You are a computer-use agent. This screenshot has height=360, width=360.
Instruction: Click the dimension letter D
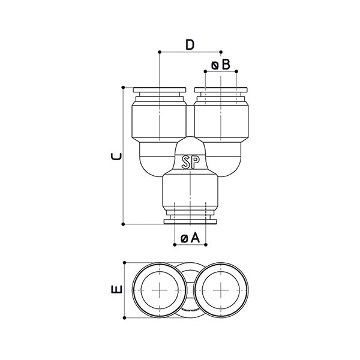pyautogui.click(x=190, y=44)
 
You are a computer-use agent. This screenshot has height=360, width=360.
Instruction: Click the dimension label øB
pyautogui.click(x=220, y=65)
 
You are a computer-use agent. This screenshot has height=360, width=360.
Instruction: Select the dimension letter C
pyautogui.click(x=117, y=156)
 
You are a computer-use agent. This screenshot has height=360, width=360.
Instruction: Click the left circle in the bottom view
pyautogui.click(x=160, y=290)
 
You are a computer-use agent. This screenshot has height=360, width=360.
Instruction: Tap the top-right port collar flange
pyautogui.click(x=220, y=91)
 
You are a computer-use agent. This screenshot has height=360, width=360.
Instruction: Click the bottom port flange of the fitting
pyautogui.click(x=190, y=223)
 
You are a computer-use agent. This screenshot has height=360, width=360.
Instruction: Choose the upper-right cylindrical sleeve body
pyautogui.click(x=220, y=120)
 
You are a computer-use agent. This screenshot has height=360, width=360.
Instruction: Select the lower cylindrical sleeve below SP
pyautogui.click(x=190, y=189)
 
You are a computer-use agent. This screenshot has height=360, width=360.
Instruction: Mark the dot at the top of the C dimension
pyautogui.click(x=124, y=88)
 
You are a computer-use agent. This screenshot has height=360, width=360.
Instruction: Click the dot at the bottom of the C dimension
pyautogui.click(x=124, y=224)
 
